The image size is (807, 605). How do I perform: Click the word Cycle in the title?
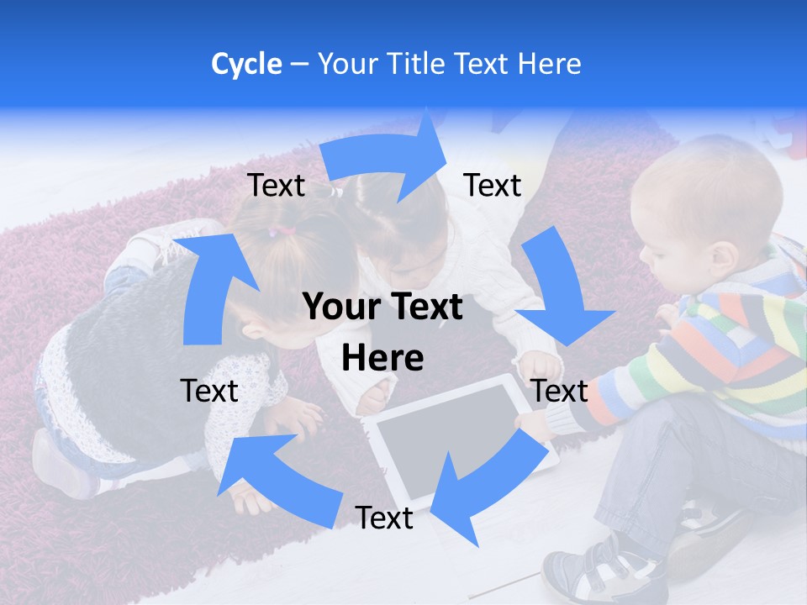[246, 64]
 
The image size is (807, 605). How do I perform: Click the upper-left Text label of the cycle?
[277, 186]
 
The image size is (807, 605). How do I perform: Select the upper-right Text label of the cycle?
[493, 186]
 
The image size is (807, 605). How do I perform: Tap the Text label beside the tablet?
[560, 391]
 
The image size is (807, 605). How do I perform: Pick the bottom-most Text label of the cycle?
[384, 518]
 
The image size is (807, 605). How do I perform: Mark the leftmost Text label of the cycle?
[209, 391]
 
